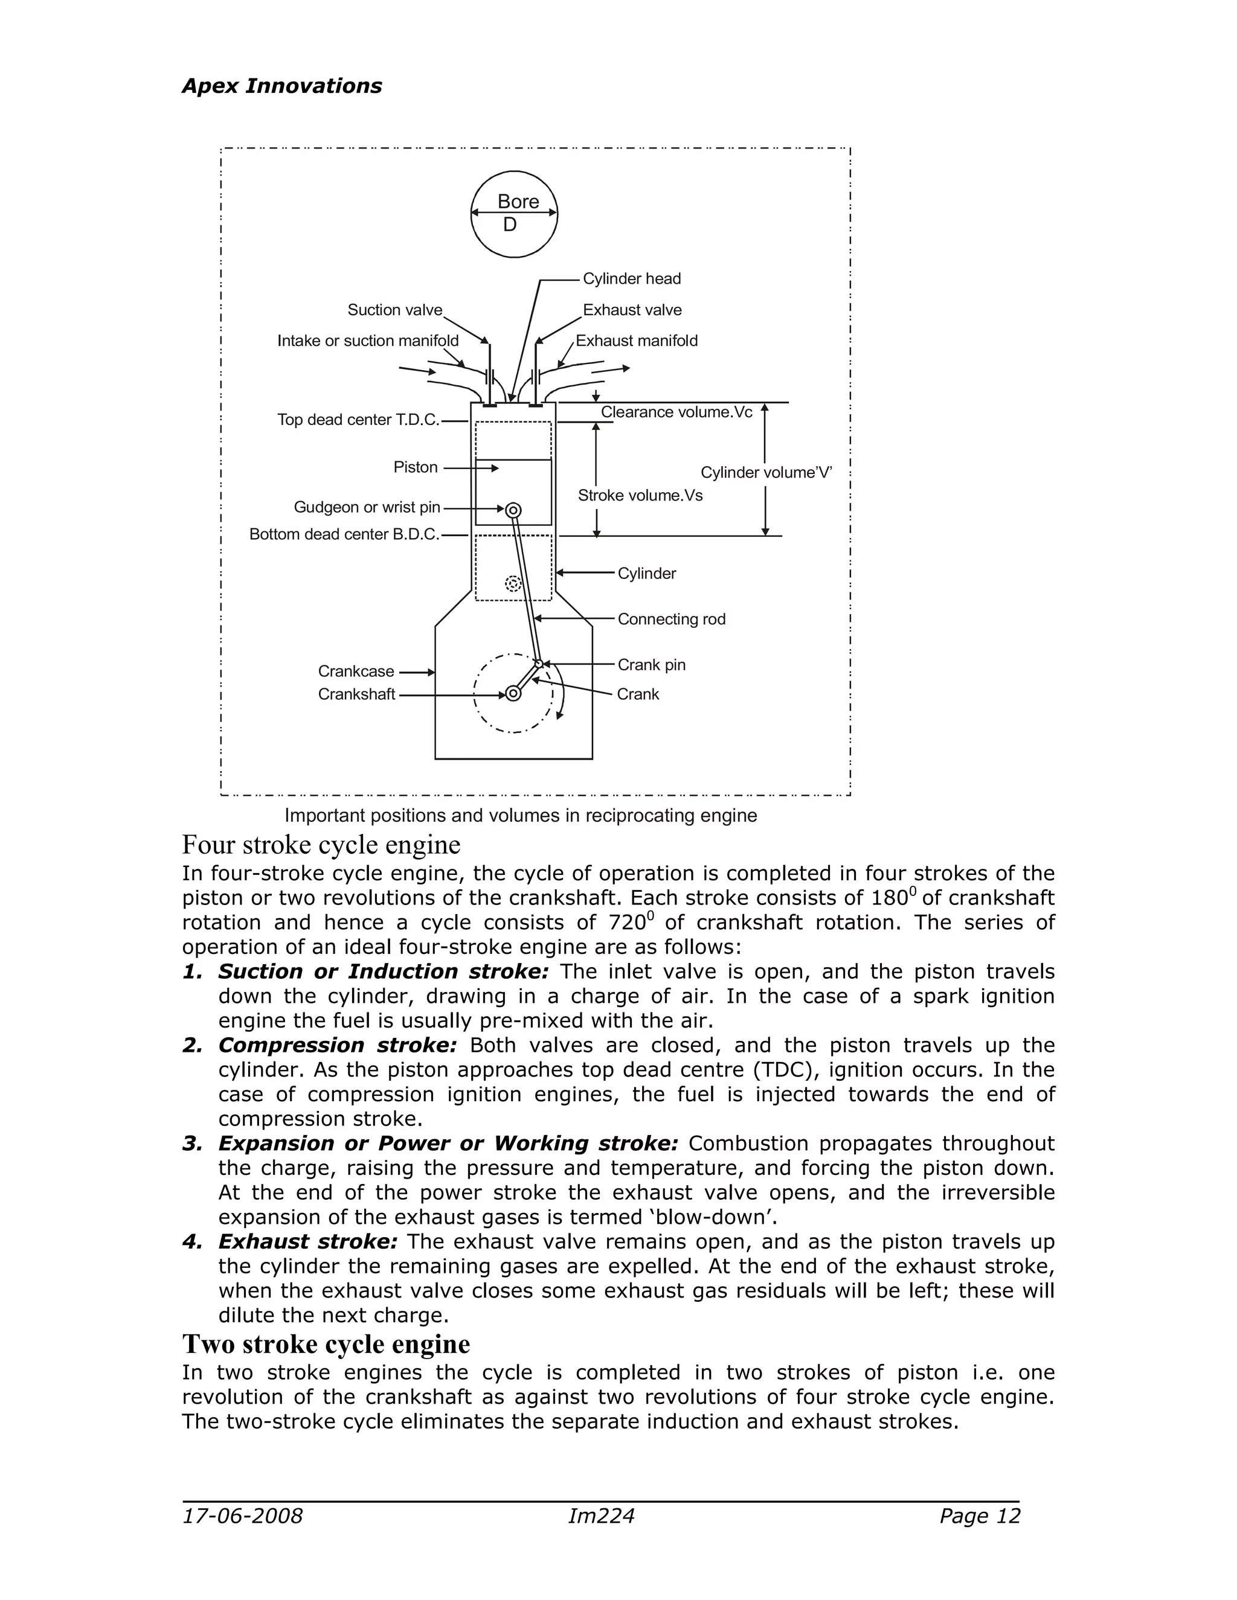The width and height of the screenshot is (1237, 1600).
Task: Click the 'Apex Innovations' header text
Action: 281,86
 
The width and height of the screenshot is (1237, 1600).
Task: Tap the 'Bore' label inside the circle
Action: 518,202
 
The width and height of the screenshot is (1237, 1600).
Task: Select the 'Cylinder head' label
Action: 632,278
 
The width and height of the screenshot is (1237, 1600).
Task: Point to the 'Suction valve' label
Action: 395,310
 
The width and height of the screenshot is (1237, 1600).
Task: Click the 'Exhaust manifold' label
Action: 636,341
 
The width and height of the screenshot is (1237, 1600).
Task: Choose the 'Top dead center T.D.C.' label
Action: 358,420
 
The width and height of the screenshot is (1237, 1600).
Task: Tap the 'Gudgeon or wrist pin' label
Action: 367,507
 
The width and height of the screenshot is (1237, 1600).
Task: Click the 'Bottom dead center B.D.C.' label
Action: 344,534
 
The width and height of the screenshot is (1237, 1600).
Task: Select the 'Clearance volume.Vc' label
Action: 676,412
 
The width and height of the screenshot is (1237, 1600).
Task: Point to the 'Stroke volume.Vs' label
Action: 640,495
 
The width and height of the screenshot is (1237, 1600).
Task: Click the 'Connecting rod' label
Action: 671,619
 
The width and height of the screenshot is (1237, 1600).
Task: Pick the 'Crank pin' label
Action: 652,665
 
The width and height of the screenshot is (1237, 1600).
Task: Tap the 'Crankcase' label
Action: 356,671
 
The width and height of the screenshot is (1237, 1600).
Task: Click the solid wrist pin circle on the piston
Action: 513,509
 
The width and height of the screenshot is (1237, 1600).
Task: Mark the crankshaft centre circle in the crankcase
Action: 513,693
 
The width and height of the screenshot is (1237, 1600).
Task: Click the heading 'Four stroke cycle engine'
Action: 321,845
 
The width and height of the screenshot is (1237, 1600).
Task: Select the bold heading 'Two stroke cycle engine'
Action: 326,1345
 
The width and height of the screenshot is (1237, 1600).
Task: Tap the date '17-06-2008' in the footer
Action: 243,1515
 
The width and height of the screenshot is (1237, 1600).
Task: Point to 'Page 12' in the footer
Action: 980,1515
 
